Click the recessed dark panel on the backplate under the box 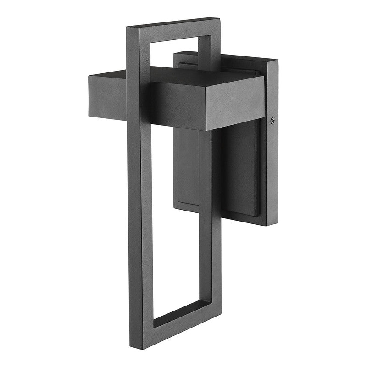point(239,165)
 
